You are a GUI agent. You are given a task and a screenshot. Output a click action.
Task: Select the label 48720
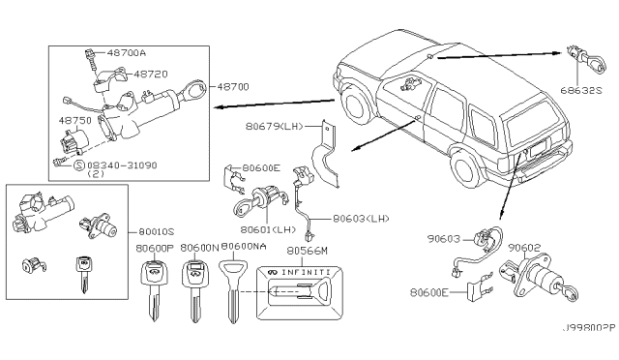coord(151,74)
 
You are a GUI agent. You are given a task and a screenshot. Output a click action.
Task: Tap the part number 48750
coord(75,120)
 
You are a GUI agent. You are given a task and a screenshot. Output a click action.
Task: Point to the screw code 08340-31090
coord(122,165)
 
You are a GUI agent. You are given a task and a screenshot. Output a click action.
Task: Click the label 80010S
coord(157,232)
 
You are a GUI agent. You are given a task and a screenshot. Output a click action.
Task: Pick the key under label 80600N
coord(195,290)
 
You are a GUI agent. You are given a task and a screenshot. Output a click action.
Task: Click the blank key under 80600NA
coord(233,291)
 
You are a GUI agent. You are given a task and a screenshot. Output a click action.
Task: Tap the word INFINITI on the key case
coord(306,272)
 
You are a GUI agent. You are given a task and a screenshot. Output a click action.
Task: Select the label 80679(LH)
coord(274,126)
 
